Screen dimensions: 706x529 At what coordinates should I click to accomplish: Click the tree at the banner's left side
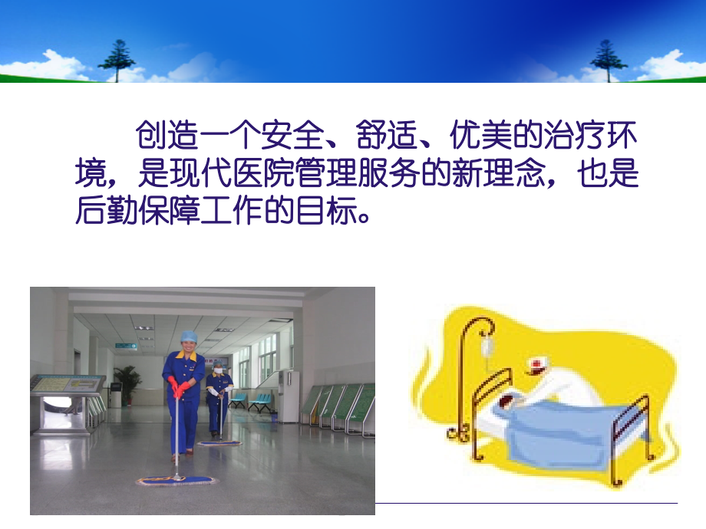(x=117, y=61)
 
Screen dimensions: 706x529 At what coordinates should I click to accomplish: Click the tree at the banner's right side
(x=609, y=61)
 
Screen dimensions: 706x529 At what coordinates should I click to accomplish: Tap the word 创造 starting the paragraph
(x=167, y=134)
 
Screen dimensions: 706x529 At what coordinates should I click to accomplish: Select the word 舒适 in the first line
(x=387, y=134)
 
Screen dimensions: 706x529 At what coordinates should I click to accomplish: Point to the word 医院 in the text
(x=263, y=172)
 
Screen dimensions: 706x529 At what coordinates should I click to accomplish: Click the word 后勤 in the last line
(x=106, y=210)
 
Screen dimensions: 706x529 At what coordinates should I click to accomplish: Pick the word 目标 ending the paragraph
(x=326, y=210)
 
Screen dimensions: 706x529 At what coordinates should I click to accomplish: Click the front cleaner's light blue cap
(x=189, y=337)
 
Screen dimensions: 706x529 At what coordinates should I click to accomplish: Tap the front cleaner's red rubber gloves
(x=177, y=388)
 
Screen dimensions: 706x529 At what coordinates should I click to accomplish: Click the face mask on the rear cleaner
(x=219, y=370)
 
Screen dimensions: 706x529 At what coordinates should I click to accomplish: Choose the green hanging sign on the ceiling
(x=126, y=346)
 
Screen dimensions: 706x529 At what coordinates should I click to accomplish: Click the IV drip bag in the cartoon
(x=487, y=347)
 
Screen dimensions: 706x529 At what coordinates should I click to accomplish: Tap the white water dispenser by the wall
(x=289, y=396)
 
